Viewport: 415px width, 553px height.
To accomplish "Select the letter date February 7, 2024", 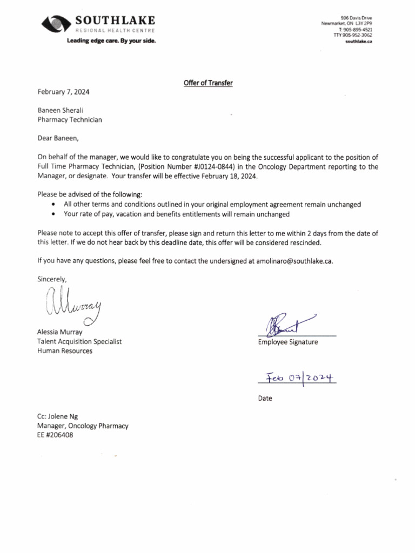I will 63,92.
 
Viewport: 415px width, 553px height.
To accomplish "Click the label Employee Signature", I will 287,342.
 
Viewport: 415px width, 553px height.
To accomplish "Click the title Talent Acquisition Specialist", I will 79,341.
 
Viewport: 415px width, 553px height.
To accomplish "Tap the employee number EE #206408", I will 55,435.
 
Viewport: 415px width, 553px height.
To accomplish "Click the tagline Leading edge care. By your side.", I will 111,41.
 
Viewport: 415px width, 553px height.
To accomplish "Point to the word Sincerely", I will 52,279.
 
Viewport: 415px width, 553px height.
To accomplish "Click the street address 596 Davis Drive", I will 357,18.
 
